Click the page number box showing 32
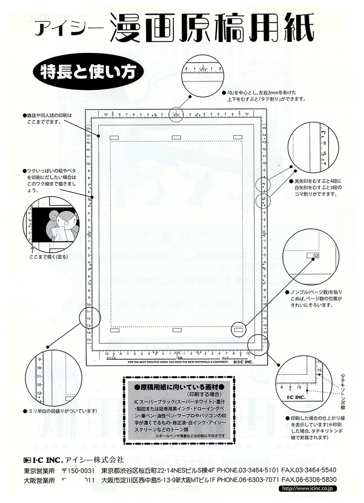click(313, 257)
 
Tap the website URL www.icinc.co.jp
click(309, 488)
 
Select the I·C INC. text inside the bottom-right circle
click(296, 397)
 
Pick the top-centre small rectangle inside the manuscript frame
click(176, 137)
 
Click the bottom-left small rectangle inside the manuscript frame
click(114, 330)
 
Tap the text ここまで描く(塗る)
click(44, 257)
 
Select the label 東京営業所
click(39, 470)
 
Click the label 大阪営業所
click(39, 479)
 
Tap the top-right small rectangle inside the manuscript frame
click(238, 137)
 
